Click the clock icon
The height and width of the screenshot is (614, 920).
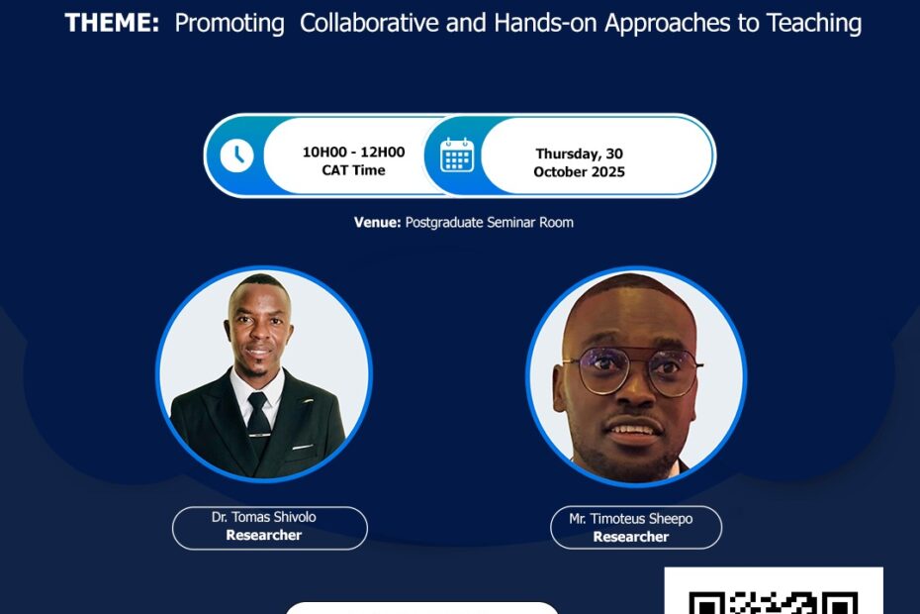(236, 155)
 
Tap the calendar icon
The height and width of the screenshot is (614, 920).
(457, 155)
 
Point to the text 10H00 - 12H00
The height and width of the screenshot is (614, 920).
(353, 153)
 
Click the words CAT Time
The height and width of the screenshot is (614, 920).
(353, 170)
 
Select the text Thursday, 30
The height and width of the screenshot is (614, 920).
(579, 153)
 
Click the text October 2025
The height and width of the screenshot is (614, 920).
(579, 172)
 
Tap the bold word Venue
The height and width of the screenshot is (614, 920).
(377, 223)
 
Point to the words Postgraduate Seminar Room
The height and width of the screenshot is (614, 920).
(490, 223)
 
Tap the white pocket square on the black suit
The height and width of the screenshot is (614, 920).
(303, 448)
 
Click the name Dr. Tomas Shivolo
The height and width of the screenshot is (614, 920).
(264, 517)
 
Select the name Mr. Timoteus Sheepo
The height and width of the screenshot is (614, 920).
(631, 519)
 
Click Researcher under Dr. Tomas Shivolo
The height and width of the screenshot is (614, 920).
(264, 535)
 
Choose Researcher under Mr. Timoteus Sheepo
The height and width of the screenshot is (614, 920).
(631, 537)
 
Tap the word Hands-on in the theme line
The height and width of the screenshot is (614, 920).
(546, 23)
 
